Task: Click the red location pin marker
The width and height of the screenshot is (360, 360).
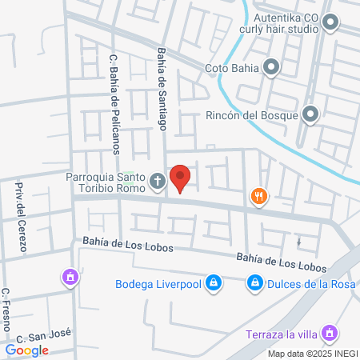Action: [181, 178]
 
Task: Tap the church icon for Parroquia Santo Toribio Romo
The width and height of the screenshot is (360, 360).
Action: [158, 183]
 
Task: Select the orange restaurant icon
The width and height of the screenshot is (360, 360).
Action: [258, 195]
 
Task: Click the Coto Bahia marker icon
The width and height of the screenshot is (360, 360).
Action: [272, 68]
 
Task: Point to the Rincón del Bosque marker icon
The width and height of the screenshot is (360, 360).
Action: [310, 115]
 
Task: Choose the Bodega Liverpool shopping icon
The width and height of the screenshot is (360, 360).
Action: [214, 282]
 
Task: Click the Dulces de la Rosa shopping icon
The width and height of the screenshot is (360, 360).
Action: [254, 282]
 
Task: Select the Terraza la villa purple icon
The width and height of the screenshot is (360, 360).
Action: [328, 332]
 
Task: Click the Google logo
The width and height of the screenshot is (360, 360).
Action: [27, 350]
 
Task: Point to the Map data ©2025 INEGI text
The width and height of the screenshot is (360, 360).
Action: [312, 354]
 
